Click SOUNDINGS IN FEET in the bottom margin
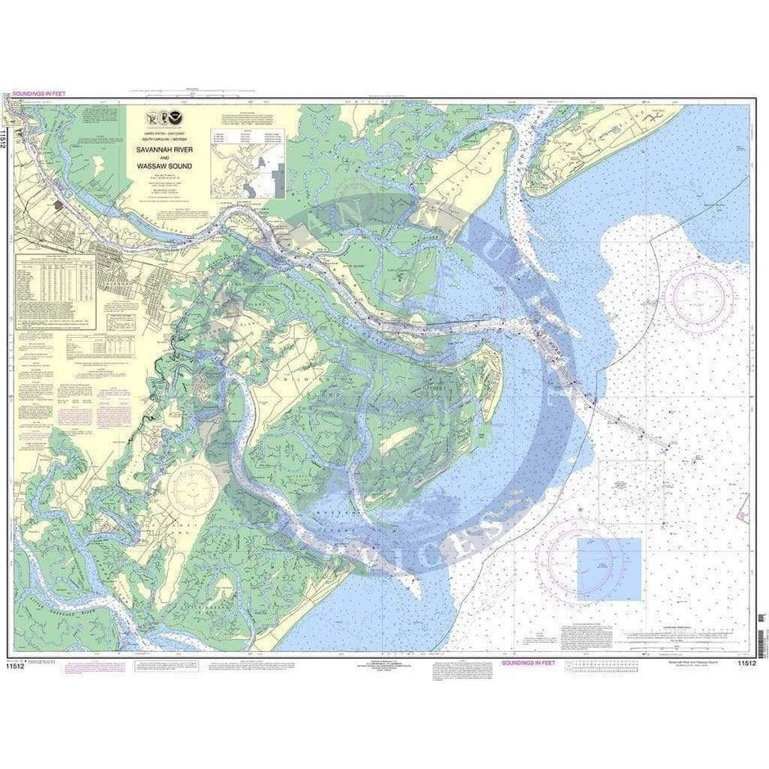pyautogui.click(x=528, y=664)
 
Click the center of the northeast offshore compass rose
pyautogui.click(x=698, y=295)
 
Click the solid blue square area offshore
pyautogui.click(x=609, y=569)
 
